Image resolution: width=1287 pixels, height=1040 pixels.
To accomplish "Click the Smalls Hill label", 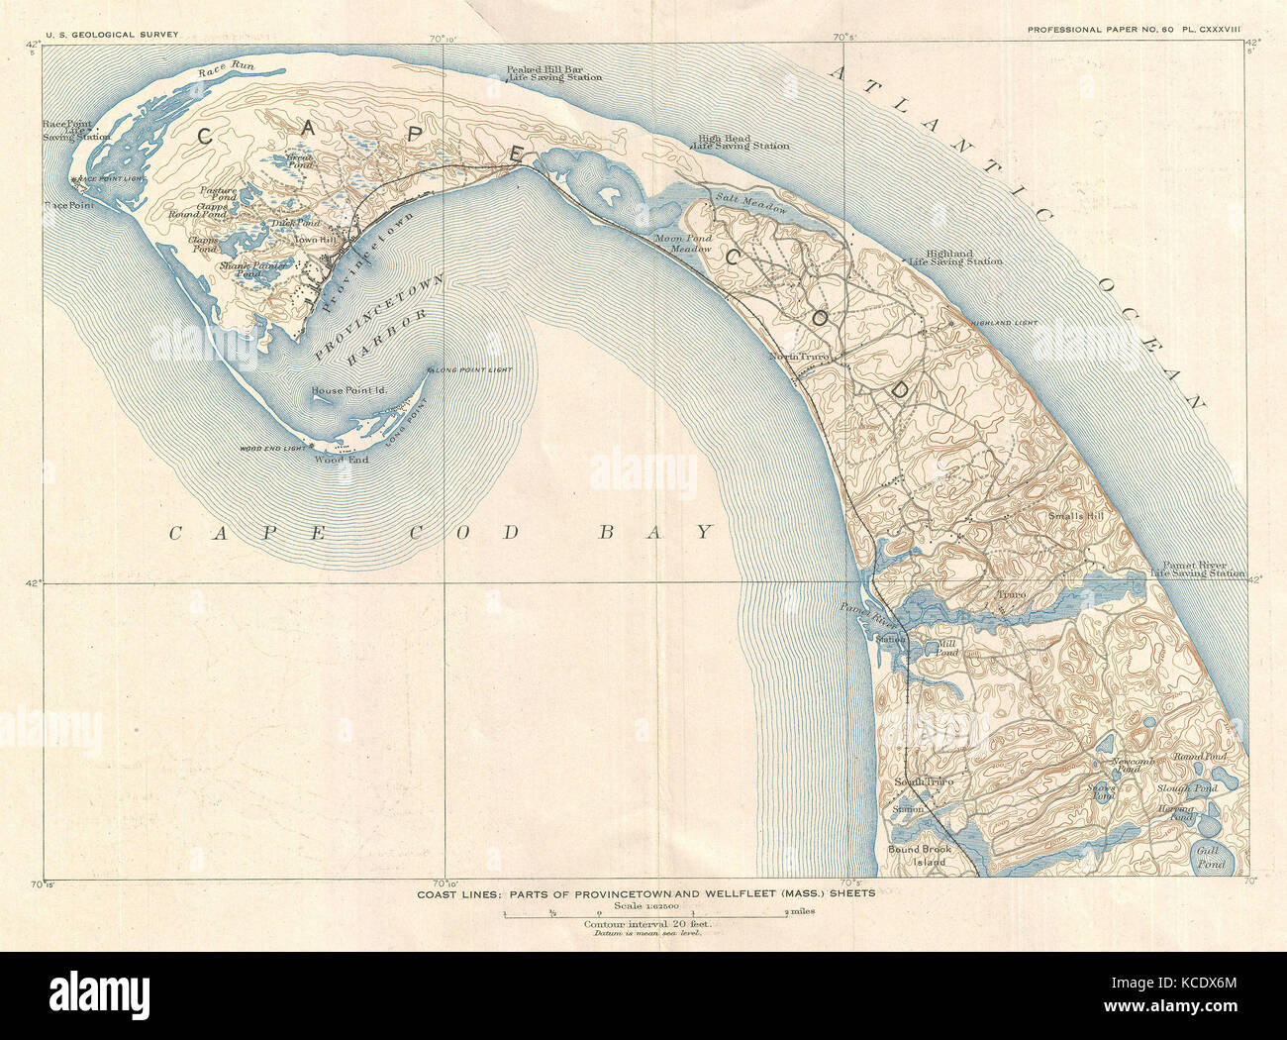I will coord(1074,516).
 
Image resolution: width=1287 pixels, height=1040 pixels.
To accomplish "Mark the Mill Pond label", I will coord(945,648).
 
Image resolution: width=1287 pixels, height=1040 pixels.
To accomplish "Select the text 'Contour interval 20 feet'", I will coord(647,924).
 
